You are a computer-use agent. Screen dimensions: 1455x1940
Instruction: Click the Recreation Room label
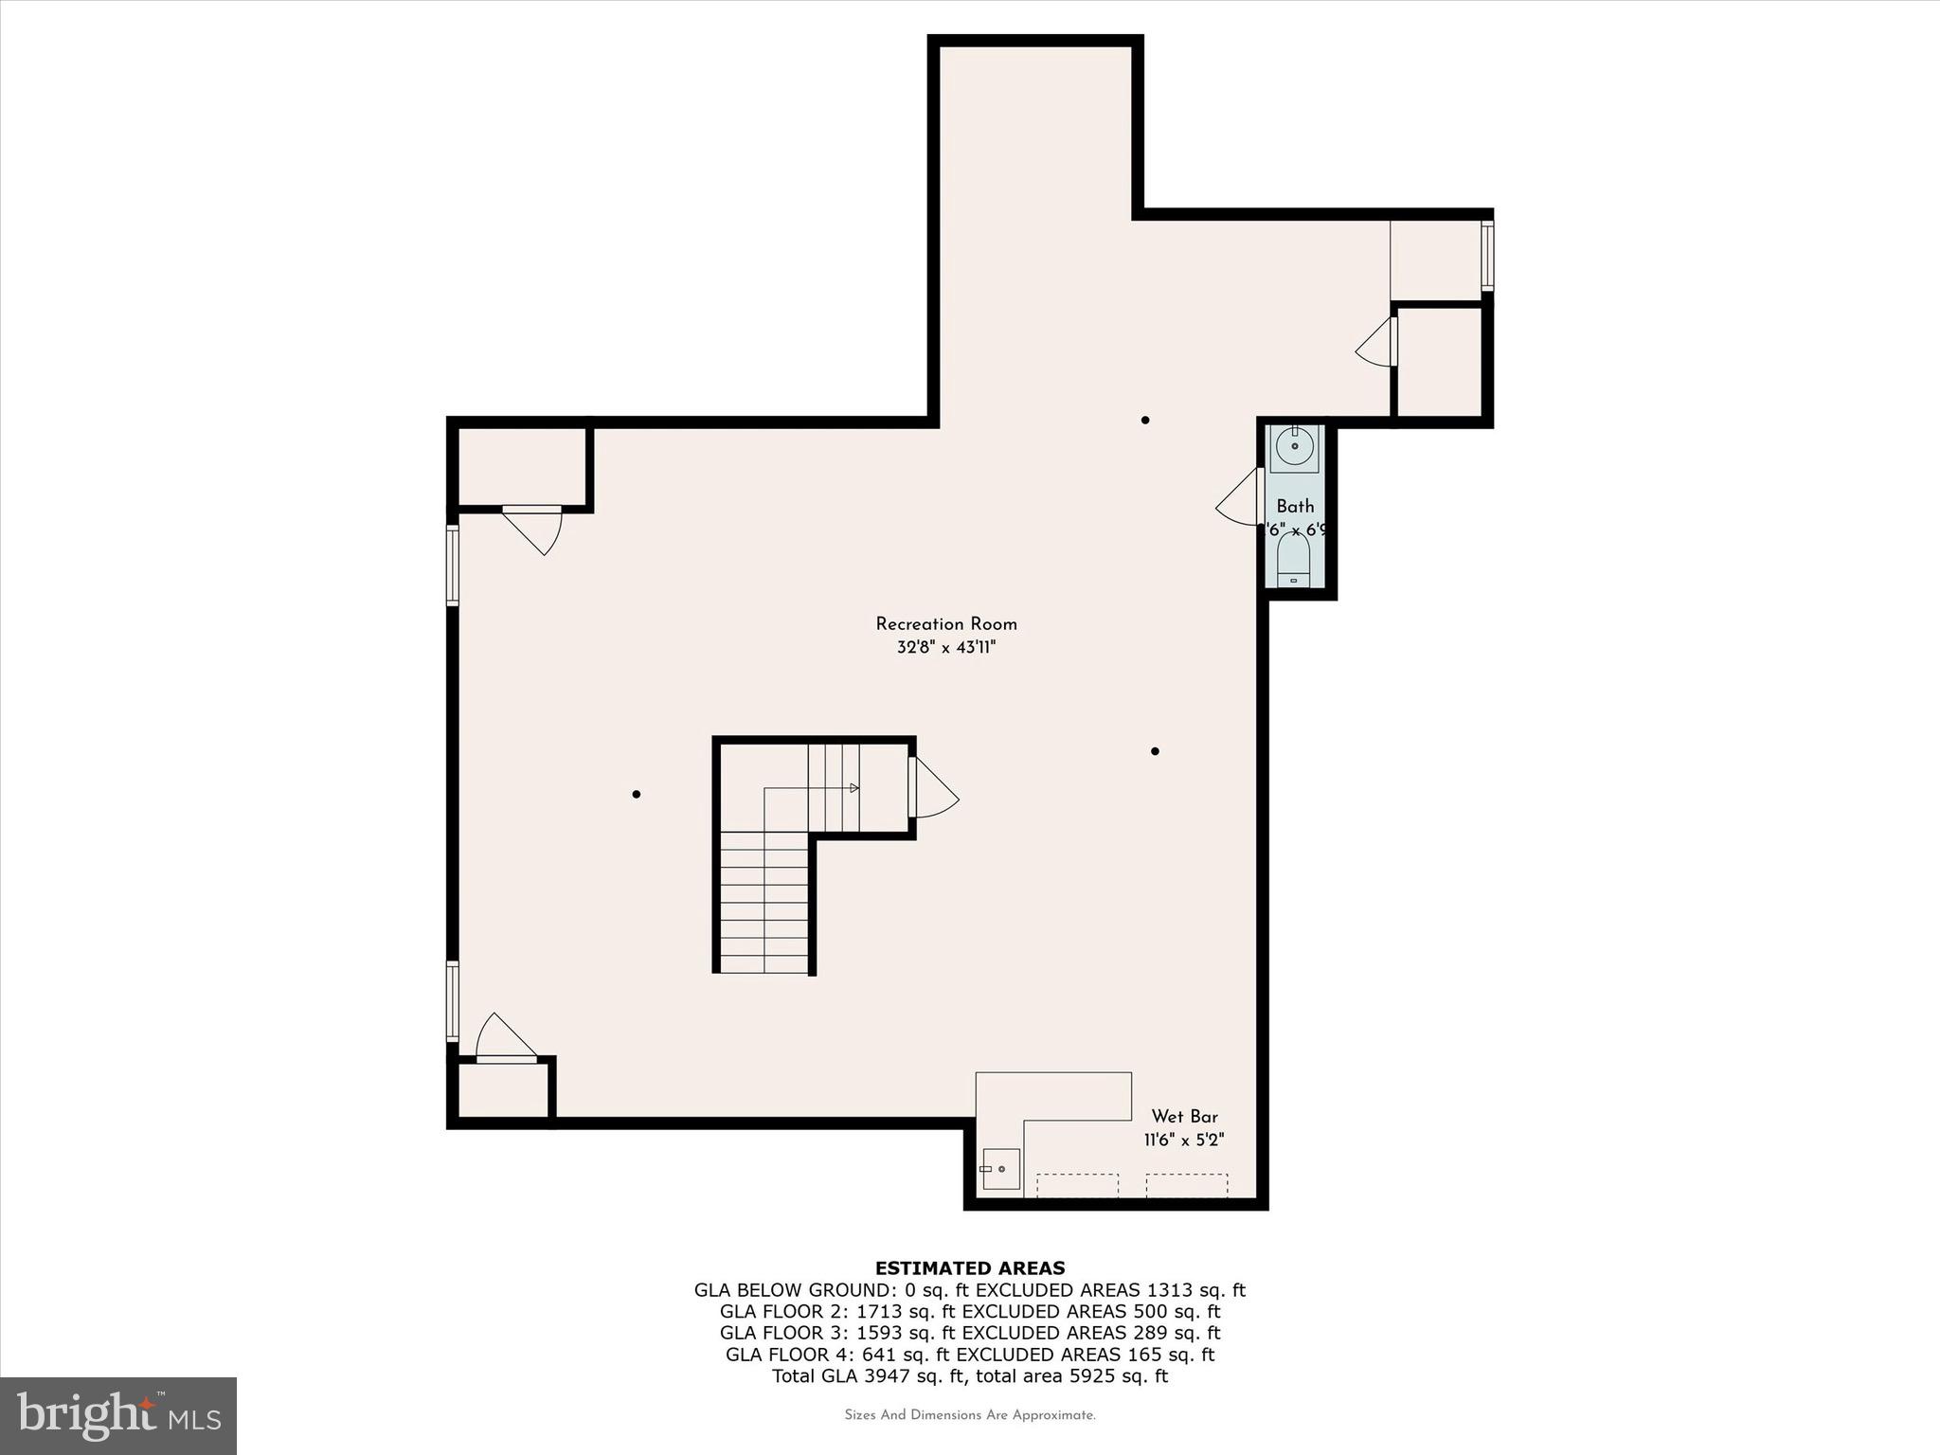[x=945, y=624]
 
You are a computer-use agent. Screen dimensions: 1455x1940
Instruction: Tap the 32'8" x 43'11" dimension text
[x=946, y=648]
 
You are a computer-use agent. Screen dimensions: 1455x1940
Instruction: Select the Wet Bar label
[x=1184, y=1117]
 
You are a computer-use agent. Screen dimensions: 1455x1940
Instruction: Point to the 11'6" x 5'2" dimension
[x=1184, y=1141]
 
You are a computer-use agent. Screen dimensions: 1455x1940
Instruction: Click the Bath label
[x=1295, y=507]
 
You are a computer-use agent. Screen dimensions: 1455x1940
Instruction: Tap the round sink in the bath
[x=1294, y=445]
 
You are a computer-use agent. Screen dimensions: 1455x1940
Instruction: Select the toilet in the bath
[x=1293, y=561]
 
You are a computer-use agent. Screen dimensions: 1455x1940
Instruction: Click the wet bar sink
[x=1000, y=1169]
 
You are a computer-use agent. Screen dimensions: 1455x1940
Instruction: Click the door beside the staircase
[x=932, y=788]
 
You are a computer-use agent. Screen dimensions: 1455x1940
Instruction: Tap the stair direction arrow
[x=853, y=788]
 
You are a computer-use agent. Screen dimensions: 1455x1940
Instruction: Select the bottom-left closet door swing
[x=502, y=1037]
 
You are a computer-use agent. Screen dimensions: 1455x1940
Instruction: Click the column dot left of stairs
[x=637, y=794]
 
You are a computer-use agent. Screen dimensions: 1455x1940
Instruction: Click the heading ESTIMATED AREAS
[x=969, y=1268]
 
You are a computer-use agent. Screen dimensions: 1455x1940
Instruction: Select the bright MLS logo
[x=118, y=1416]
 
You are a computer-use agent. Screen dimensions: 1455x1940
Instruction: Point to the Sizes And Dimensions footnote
[x=969, y=1415]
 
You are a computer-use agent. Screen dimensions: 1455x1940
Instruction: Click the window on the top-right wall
[x=1487, y=256]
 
